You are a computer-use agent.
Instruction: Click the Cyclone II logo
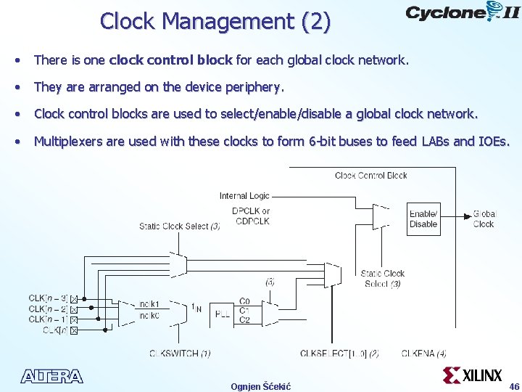click(x=462, y=13)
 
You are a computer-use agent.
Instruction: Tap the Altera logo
click(x=52, y=376)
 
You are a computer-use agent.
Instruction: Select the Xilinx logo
click(x=472, y=375)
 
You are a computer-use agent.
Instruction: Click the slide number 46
click(x=514, y=386)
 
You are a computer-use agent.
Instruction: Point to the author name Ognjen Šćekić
click(x=261, y=386)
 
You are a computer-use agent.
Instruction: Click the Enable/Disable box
click(x=423, y=219)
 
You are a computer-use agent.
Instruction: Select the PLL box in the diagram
click(x=223, y=314)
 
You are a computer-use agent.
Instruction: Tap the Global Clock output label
click(x=484, y=219)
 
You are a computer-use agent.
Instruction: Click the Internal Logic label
click(x=244, y=196)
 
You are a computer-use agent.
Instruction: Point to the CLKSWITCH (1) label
click(x=180, y=354)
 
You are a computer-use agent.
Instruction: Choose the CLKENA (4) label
click(x=424, y=354)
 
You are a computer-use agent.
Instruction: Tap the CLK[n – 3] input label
click(x=49, y=298)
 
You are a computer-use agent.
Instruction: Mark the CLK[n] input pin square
click(x=73, y=330)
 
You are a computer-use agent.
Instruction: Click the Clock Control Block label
click(x=371, y=176)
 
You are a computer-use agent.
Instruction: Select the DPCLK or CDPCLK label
click(x=251, y=216)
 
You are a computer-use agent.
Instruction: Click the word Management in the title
click(x=227, y=22)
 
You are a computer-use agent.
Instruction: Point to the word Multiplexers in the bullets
click(x=68, y=141)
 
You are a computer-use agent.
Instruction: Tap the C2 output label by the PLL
click(x=244, y=320)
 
